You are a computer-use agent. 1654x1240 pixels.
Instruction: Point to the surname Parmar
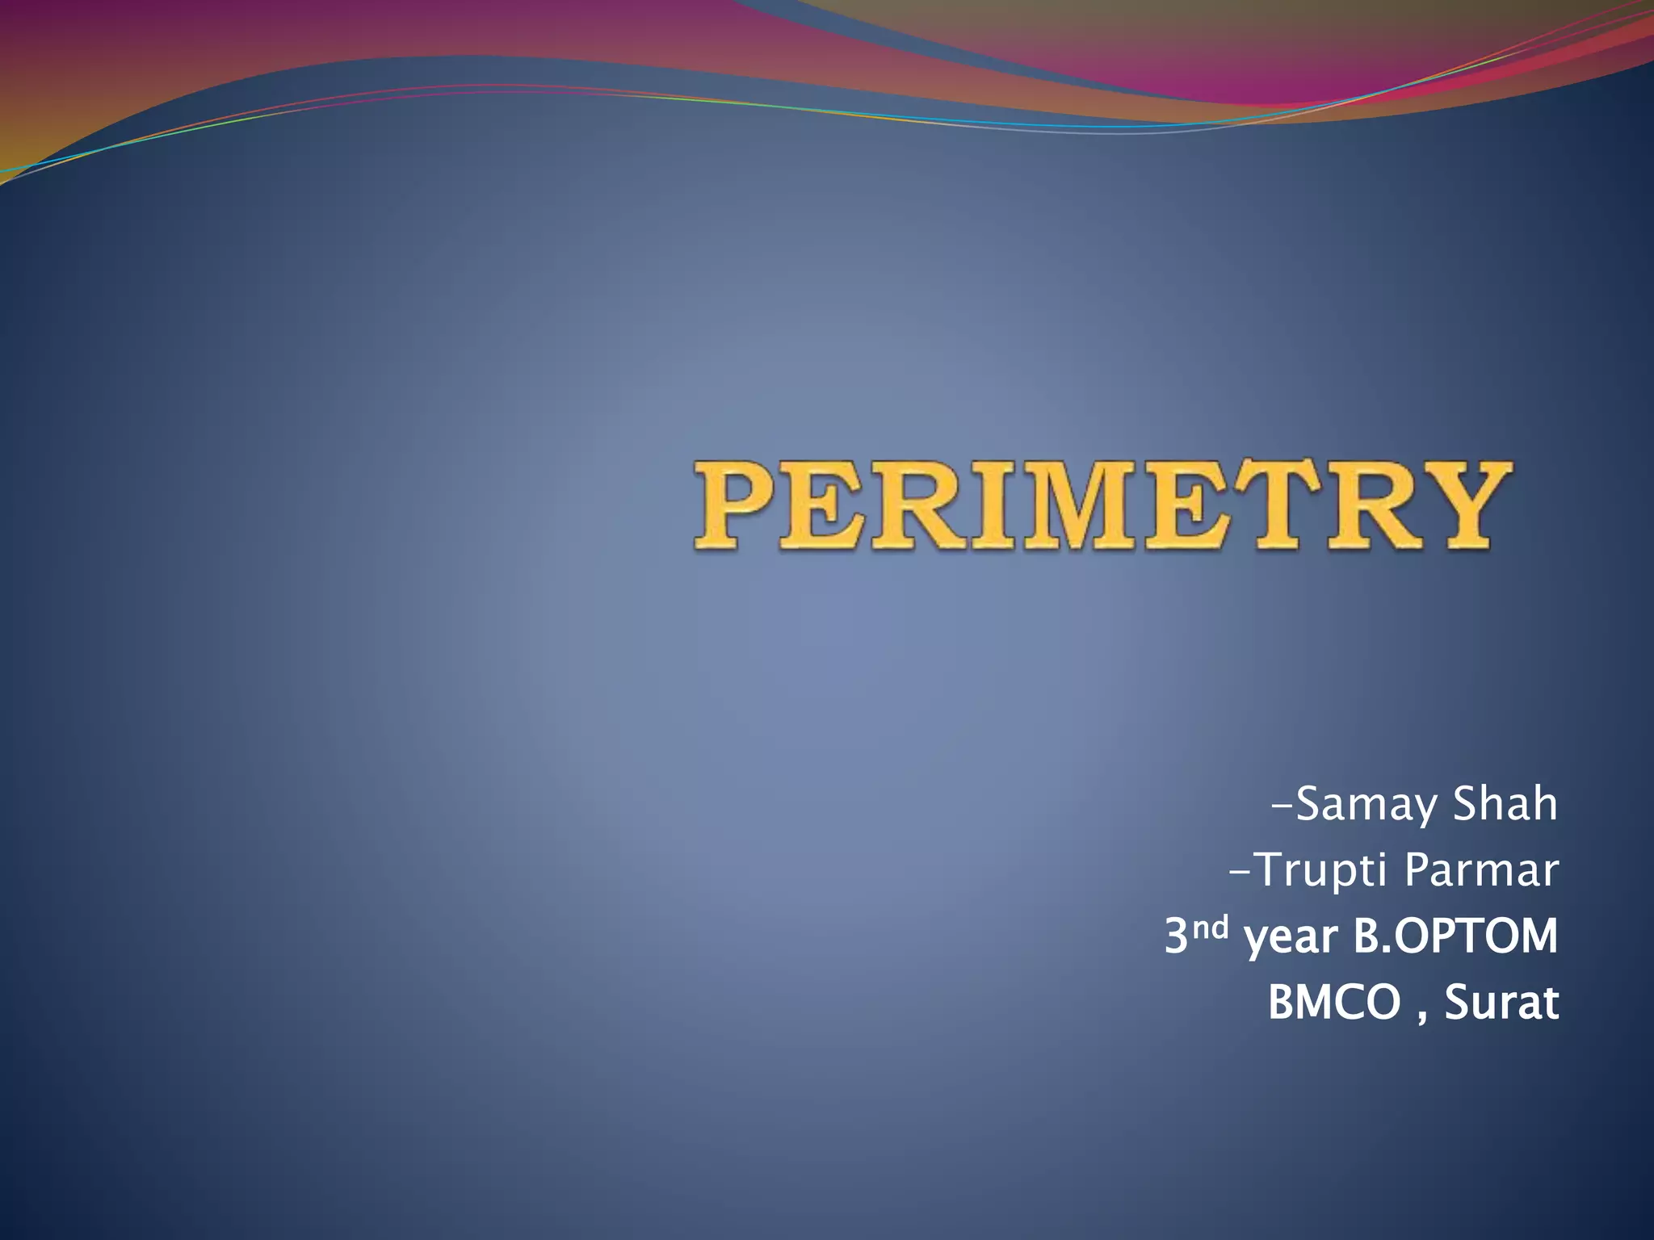[x=1480, y=870]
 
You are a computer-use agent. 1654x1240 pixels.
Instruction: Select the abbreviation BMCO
[x=1333, y=1003]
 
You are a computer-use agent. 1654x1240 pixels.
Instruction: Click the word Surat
[x=1501, y=1003]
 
